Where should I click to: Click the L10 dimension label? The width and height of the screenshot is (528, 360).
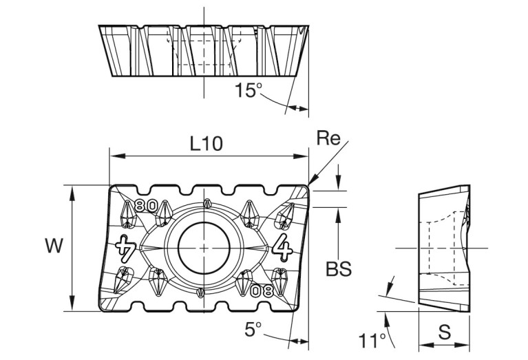pos(207,143)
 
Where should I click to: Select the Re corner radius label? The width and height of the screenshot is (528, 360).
pos(329,138)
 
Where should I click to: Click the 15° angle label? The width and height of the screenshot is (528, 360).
pos(249,90)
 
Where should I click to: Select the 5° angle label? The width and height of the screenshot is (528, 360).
pos(253,329)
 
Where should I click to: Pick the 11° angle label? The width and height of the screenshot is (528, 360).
pos(372,340)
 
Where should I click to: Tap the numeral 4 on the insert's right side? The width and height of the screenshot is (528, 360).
pos(282,244)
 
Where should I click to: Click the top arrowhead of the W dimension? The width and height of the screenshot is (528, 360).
pos(72,189)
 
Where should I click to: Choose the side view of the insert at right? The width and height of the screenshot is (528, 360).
pos(444,246)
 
